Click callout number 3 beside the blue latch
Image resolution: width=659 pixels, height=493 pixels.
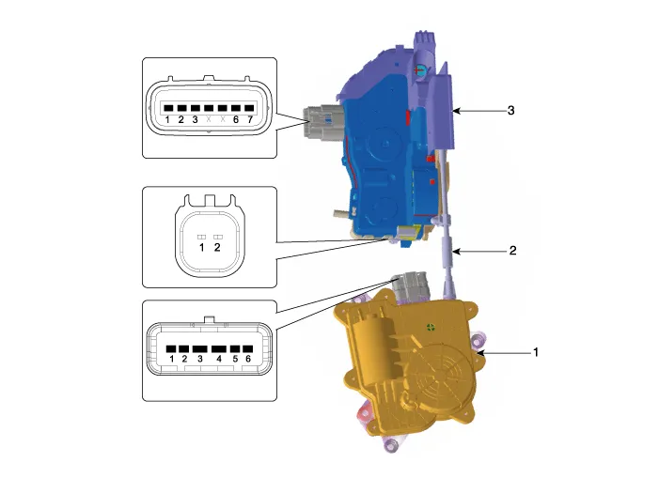tap(510, 110)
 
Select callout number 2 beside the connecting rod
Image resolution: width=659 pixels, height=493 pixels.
tap(512, 252)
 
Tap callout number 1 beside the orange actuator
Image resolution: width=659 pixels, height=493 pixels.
tap(536, 353)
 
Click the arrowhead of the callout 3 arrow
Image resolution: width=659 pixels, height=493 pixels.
tap(454, 111)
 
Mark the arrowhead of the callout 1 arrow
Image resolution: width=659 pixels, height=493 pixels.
tap(478, 353)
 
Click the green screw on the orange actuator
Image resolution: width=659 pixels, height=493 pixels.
tap(430, 328)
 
